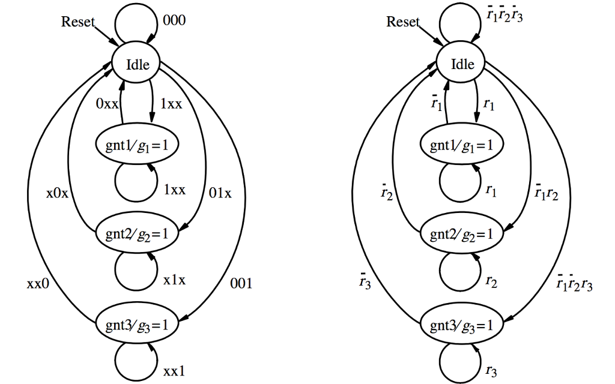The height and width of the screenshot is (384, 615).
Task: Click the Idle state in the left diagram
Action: (138, 64)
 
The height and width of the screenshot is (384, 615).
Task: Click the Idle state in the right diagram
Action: (462, 64)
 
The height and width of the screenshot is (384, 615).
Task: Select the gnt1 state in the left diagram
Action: (138, 146)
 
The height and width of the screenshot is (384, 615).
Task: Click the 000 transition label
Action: (174, 21)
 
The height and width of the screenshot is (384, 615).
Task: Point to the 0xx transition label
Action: (108, 103)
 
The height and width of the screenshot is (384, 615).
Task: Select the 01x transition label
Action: (220, 194)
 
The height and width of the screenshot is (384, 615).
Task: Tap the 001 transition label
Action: (241, 284)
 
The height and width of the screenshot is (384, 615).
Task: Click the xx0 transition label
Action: (37, 284)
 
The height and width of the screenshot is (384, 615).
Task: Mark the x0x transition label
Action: (58, 194)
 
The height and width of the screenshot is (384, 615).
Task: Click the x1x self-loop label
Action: (174, 280)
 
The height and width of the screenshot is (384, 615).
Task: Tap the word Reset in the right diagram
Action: (402, 22)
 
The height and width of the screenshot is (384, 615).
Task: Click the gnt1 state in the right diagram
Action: (462, 146)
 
